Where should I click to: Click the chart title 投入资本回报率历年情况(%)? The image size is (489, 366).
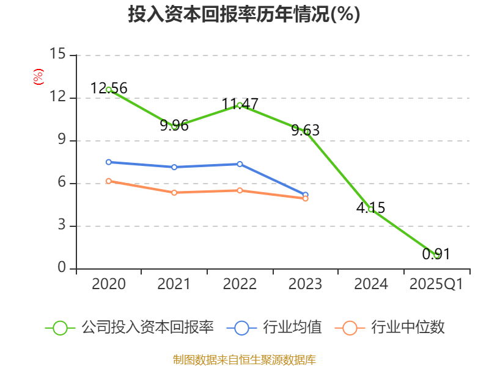click(244, 15)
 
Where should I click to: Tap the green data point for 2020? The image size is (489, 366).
click(109, 90)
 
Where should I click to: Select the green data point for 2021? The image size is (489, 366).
click(174, 126)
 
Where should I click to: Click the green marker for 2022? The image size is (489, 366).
click(240, 105)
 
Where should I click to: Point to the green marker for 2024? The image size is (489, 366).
click(370, 209)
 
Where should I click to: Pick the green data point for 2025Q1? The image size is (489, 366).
click(436, 255)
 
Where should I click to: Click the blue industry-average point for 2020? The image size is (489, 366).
click(109, 162)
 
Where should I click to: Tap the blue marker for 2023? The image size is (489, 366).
click(306, 195)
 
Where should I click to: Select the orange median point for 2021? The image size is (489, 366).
click(174, 192)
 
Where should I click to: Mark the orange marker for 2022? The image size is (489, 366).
click(240, 190)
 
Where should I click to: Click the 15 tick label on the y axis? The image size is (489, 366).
click(57, 55)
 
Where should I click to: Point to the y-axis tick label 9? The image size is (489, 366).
click(62, 140)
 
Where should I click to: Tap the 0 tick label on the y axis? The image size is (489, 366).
click(62, 268)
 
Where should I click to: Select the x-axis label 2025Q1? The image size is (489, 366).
click(436, 284)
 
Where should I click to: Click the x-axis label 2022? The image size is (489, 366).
click(240, 284)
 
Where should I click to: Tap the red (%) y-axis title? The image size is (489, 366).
click(39, 77)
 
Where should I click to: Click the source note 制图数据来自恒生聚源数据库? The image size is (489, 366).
click(244, 359)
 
